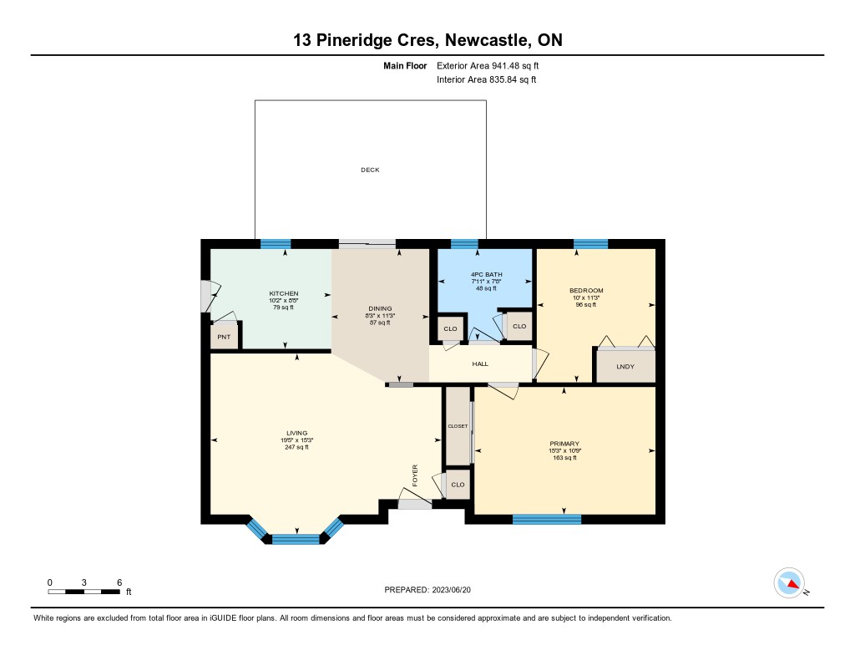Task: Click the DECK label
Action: coord(370,170)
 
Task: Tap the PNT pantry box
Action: coord(224,337)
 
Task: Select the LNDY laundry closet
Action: coord(625,366)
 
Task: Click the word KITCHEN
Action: coord(284,293)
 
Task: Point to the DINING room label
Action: coord(380,308)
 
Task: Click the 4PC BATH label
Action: coord(487,275)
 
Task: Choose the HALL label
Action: coord(480,364)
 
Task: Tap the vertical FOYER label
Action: coord(415,475)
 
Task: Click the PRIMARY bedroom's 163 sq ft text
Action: coord(564,458)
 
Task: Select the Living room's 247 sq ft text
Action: coord(296,447)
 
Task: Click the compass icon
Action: coord(790,583)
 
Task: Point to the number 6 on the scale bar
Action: coord(119,582)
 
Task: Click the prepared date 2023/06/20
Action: coord(452,589)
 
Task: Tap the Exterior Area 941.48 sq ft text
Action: coord(488,65)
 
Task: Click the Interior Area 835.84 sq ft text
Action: coord(487,79)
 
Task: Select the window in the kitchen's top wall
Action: coord(276,244)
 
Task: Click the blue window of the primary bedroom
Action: coord(547,519)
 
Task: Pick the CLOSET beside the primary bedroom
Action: coord(458,425)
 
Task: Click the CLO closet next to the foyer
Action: coord(458,484)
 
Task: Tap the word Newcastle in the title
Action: coord(487,40)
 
